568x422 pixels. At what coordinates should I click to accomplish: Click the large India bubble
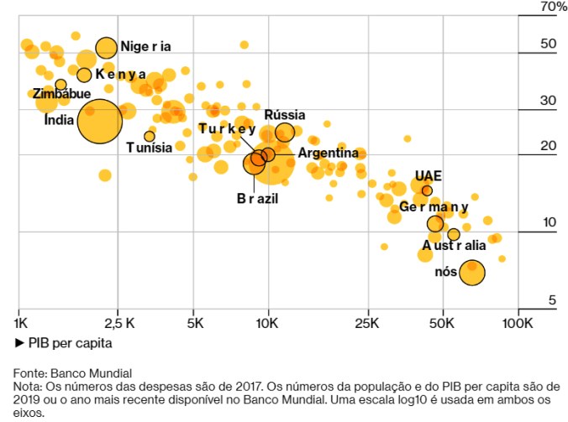coord(100,122)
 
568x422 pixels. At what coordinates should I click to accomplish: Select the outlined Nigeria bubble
coord(107,48)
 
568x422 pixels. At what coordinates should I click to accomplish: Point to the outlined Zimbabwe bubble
coord(60,85)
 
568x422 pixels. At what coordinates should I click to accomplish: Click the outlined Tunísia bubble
coord(150,136)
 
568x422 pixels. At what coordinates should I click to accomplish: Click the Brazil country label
coord(257,199)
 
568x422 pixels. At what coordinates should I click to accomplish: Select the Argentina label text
coord(328,154)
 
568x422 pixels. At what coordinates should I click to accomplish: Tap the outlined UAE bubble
coord(427,190)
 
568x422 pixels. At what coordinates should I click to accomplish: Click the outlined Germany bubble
coord(435,224)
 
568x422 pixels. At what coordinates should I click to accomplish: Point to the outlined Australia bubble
coord(454,234)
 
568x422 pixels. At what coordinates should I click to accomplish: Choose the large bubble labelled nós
coord(472,272)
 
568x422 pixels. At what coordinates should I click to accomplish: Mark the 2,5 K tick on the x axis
coord(118,322)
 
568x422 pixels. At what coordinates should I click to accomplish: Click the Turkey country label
coord(227,128)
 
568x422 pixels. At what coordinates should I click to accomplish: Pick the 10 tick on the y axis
coord(550,222)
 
